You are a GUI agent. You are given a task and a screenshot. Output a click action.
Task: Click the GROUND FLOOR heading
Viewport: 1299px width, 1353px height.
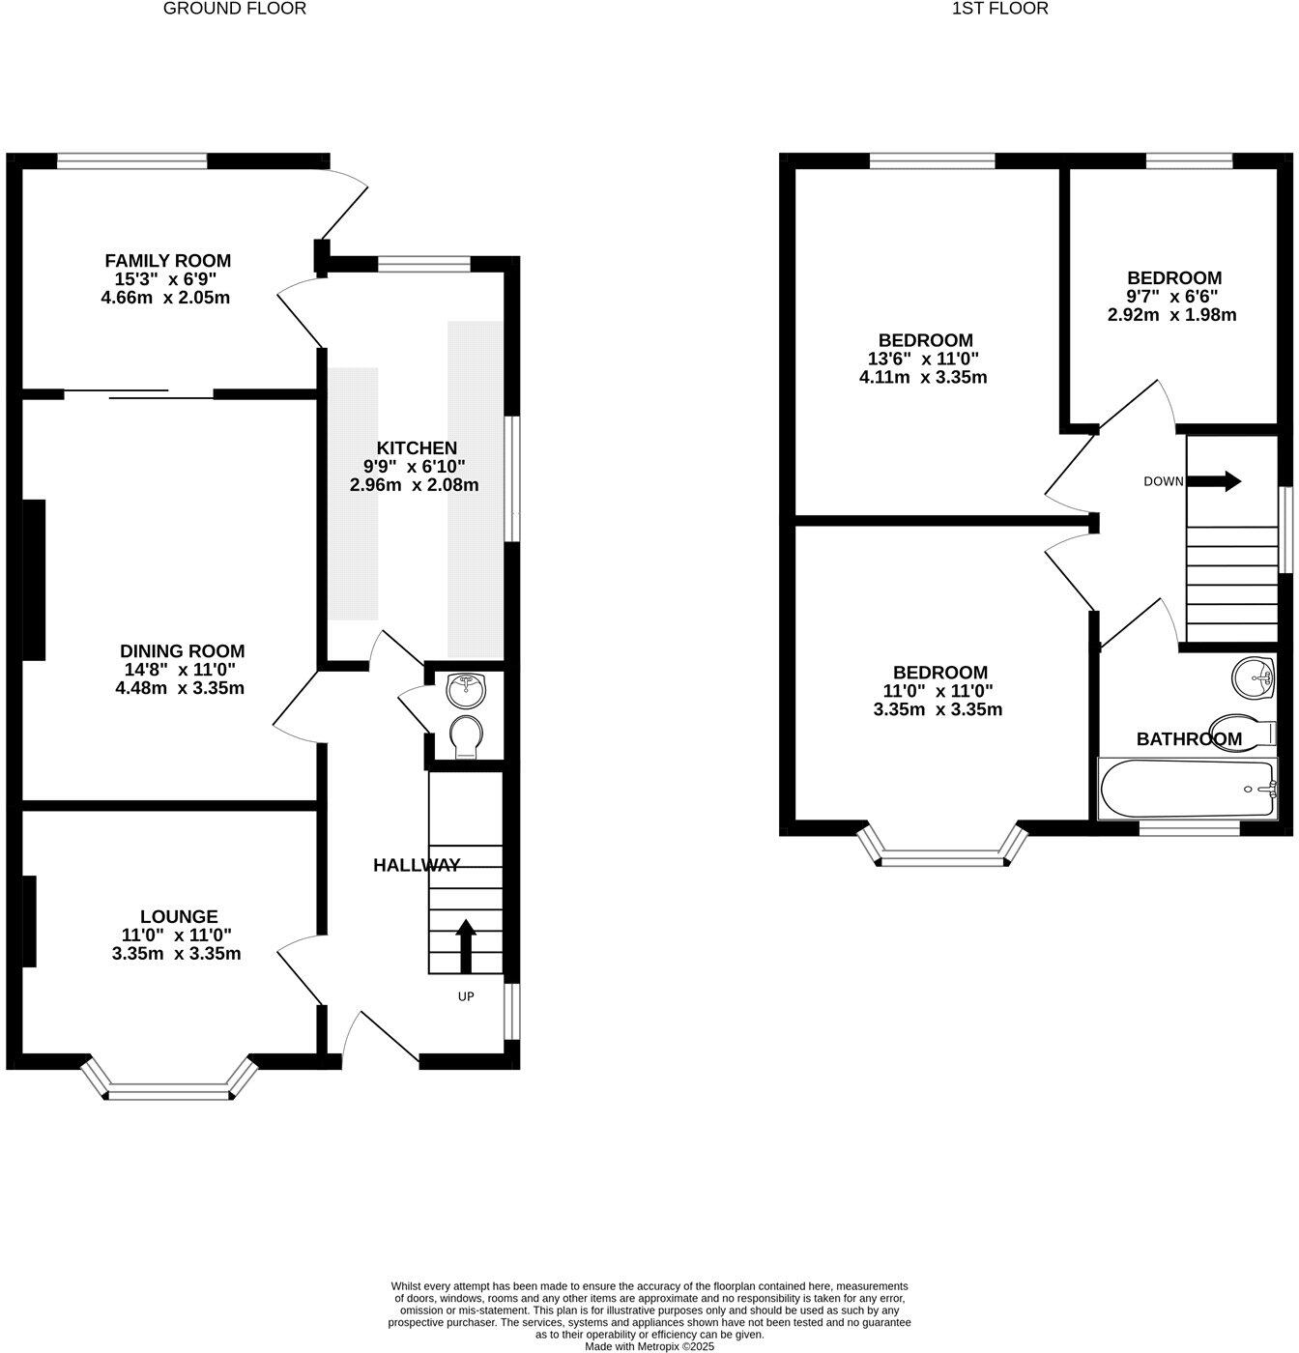click(235, 9)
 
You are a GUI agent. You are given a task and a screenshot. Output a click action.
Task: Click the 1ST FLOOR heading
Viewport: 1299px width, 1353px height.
click(1000, 9)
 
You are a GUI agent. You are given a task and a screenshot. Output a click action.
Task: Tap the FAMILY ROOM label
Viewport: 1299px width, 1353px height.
click(167, 261)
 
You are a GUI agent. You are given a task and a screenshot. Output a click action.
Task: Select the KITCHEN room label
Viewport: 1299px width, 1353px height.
click(416, 448)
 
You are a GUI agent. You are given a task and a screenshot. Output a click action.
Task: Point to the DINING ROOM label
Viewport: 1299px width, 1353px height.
click(182, 651)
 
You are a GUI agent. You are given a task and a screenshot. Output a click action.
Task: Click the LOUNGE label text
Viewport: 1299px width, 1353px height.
click(179, 917)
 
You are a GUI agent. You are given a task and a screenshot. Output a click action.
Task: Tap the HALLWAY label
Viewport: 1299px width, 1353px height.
click(417, 866)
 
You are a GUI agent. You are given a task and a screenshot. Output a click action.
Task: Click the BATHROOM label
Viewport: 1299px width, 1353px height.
click(1188, 739)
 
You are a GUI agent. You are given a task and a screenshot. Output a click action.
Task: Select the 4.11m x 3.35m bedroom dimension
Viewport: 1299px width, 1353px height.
click(923, 377)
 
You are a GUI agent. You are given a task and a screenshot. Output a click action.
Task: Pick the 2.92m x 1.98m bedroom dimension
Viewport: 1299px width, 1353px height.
click(1171, 315)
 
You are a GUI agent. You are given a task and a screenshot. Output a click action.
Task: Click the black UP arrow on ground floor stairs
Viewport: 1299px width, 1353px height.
click(465, 946)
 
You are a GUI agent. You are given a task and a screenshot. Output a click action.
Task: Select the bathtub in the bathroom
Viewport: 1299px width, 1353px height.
click(1188, 790)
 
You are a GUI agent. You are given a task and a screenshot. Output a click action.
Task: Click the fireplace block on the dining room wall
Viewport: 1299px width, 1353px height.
click(34, 580)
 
